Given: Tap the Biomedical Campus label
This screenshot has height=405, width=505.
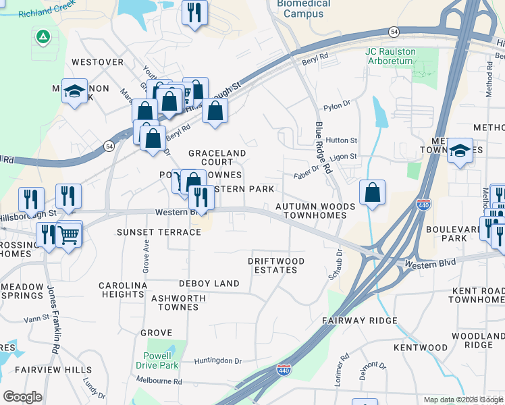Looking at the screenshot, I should tap(304, 8).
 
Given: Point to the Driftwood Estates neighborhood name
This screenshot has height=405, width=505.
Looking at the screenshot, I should tap(275, 265).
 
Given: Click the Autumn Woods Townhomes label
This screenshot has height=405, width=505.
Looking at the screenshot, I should tap(314, 211).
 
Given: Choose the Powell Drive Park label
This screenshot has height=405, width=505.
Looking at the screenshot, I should tap(161, 360).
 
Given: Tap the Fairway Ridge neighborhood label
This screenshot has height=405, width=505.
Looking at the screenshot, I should tap(359, 320).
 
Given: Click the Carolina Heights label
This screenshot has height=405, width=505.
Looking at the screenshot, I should tap(123, 290).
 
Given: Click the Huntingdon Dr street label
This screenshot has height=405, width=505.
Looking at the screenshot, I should tap(218, 362).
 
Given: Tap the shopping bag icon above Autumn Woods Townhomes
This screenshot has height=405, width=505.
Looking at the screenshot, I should tap(372, 192).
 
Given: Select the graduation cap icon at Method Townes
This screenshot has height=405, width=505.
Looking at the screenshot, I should tap(460, 151).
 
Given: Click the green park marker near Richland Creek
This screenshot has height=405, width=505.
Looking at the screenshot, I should tap(44, 36).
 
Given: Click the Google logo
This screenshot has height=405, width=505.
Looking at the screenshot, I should tap(22, 396).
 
